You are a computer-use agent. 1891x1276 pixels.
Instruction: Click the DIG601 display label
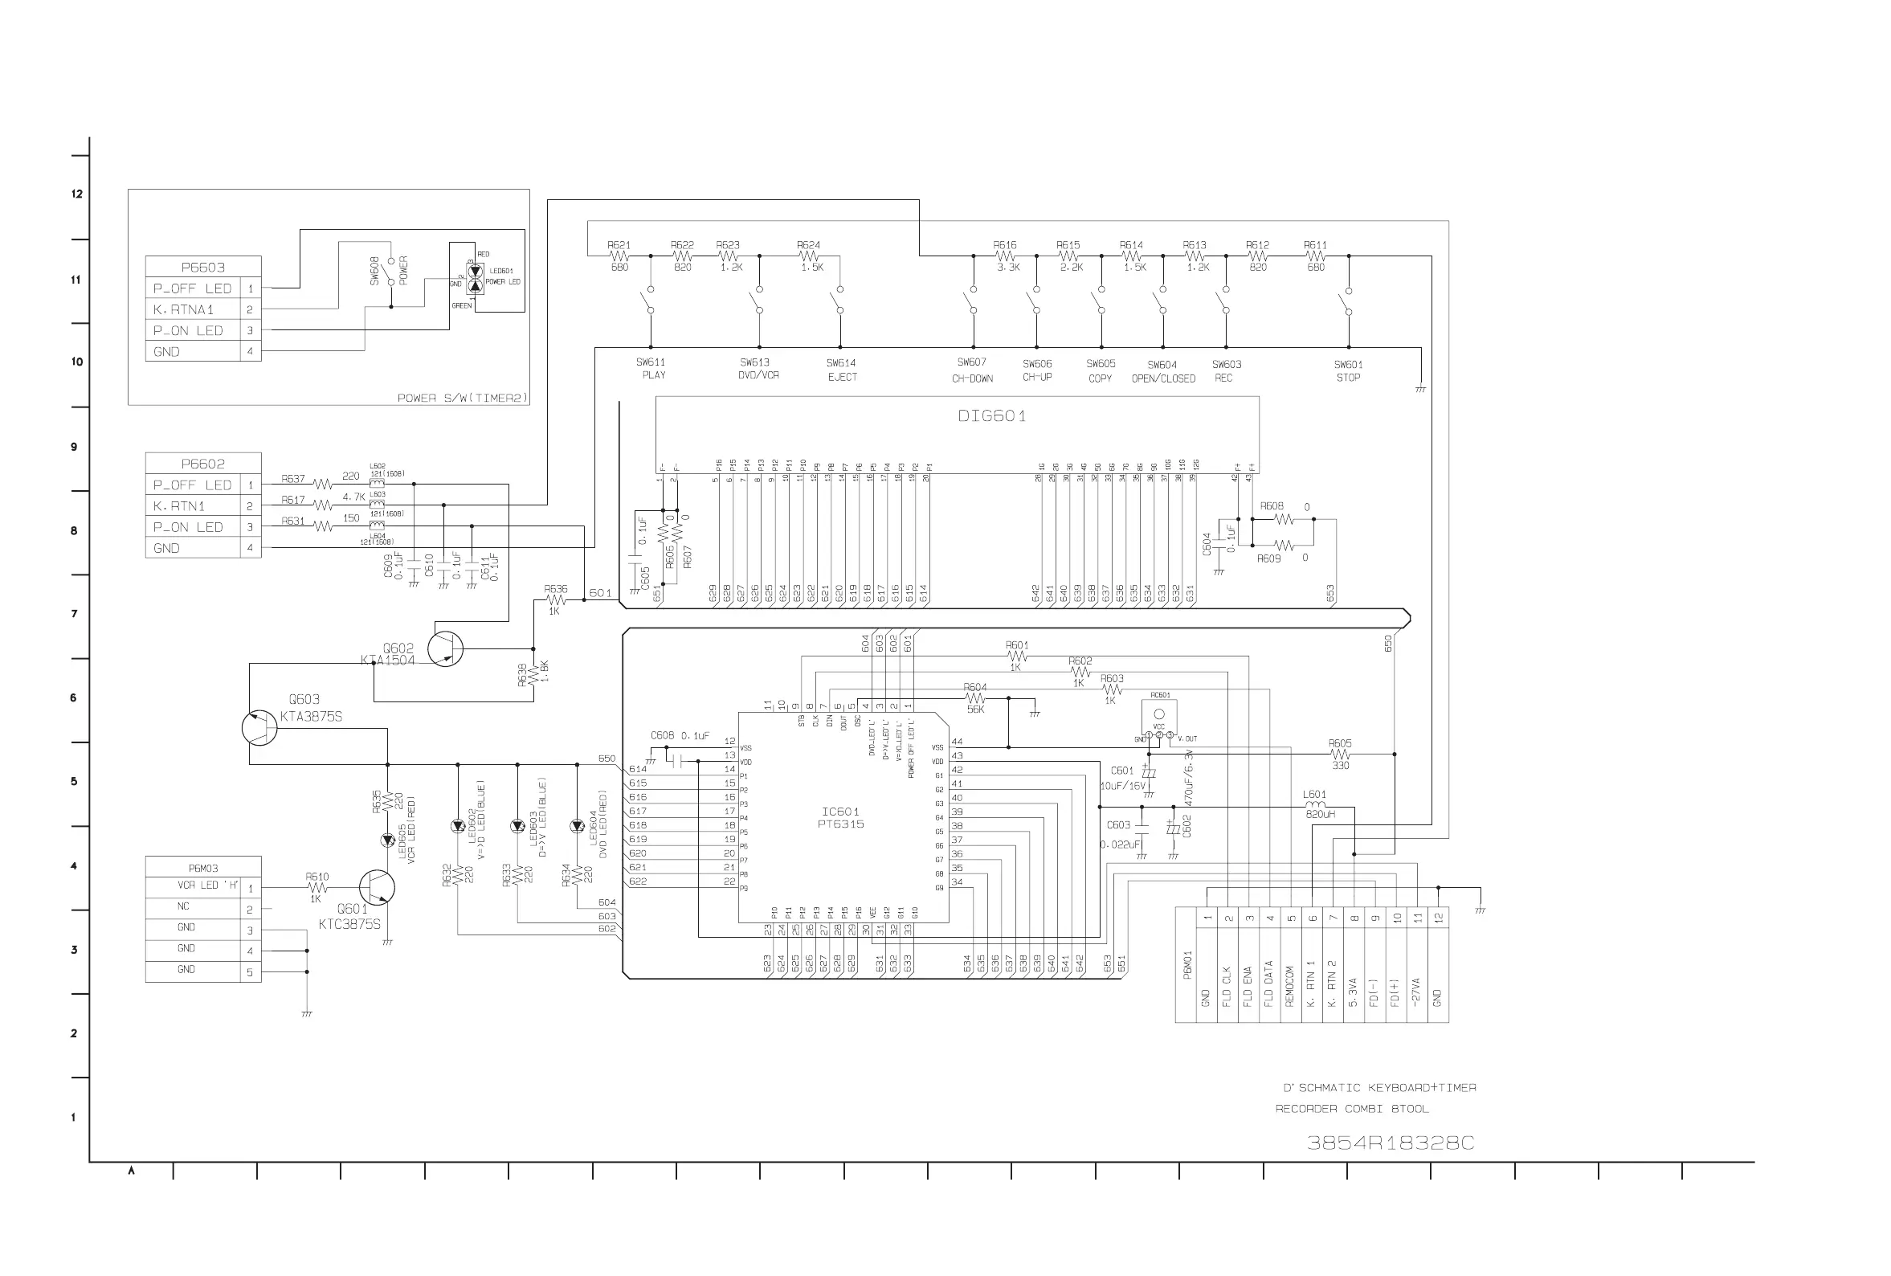990,416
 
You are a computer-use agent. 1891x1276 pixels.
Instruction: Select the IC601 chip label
840,812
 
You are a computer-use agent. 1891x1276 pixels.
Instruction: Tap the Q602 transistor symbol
446,648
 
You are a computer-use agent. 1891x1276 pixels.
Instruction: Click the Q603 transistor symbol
259,727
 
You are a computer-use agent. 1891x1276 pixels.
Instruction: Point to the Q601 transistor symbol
377,888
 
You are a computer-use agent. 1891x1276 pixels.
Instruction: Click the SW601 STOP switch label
1348,371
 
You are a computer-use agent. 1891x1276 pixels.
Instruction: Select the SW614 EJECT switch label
841,370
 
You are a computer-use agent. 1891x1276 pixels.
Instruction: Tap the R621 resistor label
618,245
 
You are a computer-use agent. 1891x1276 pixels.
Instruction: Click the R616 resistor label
1004,245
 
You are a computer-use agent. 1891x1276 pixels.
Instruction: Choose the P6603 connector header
202,267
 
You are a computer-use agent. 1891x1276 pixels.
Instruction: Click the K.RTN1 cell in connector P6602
179,506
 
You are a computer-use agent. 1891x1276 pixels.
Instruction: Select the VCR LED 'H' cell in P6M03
208,885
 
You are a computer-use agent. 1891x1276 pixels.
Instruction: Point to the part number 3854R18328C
1390,1143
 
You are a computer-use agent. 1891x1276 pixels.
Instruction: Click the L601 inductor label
1314,794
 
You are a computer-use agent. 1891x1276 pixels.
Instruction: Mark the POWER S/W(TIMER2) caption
462,398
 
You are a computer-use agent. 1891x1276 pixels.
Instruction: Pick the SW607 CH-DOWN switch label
972,370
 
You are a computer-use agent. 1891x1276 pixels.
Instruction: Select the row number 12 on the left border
76,194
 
